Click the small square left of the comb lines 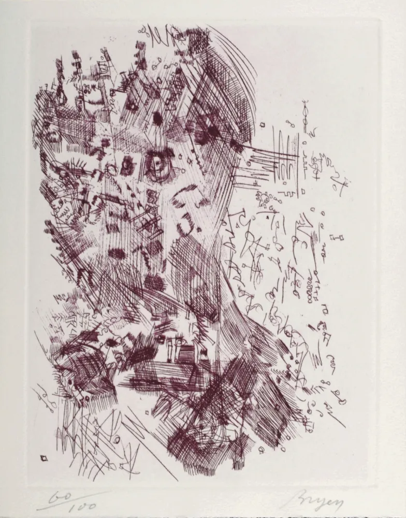point(263,125)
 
